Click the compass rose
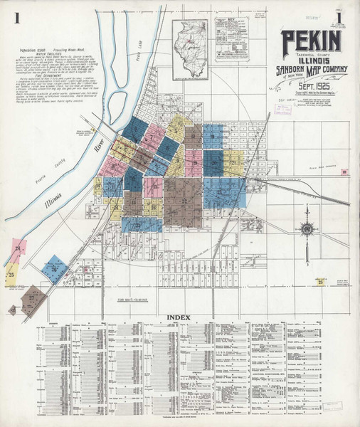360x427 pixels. (x=307, y=229)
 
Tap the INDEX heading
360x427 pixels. (x=180, y=316)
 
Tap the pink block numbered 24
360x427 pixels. (x=18, y=248)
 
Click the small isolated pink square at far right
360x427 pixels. (x=344, y=172)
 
